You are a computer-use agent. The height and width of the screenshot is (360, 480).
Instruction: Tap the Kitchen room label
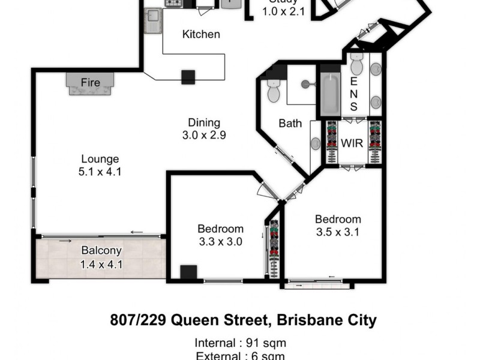click(x=201, y=34)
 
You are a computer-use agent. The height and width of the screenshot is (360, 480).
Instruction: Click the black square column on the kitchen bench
click(x=189, y=77)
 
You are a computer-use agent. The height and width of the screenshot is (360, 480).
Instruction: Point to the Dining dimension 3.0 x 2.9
click(x=204, y=135)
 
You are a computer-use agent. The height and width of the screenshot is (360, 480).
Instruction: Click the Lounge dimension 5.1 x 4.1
click(x=100, y=172)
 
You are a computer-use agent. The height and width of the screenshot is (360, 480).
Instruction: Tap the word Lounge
click(x=100, y=159)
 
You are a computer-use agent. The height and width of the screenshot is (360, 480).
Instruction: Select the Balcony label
click(x=101, y=251)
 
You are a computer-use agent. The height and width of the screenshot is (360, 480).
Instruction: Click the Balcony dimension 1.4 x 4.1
click(x=101, y=263)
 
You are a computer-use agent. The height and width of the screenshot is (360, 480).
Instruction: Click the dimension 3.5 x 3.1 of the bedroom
click(x=338, y=232)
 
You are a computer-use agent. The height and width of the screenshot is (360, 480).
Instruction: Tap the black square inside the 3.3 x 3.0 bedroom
click(x=189, y=272)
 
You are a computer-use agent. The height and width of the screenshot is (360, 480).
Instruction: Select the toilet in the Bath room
click(x=274, y=92)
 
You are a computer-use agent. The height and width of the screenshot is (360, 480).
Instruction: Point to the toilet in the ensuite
click(x=357, y=64)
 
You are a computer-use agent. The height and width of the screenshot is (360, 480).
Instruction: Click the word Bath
click(x=290, y=124)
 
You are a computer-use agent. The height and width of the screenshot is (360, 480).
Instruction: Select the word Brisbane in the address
click(x=305, y=320)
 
